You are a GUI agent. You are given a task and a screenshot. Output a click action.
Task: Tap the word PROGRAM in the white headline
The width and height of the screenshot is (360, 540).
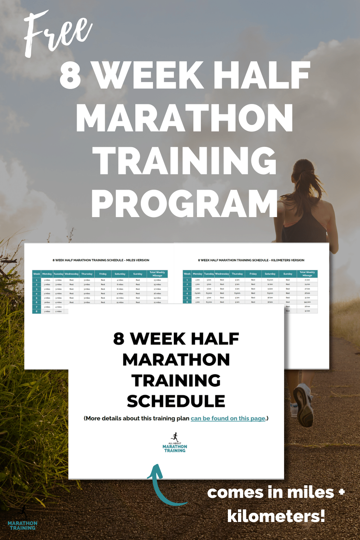[184, 204]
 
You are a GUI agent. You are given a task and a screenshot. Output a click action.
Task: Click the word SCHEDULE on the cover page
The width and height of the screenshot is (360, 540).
[176, 401]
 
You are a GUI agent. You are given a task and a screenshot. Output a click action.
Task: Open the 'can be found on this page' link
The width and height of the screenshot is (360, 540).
[228, 418]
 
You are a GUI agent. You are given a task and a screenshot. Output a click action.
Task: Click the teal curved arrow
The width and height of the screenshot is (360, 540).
[162, 486]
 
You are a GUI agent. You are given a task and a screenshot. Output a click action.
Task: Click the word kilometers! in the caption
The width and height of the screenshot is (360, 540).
[276, 516]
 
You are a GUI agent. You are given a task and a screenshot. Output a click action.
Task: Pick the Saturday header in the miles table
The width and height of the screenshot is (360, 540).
[120, 274]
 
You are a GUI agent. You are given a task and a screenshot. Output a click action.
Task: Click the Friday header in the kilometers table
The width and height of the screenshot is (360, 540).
[253, 274]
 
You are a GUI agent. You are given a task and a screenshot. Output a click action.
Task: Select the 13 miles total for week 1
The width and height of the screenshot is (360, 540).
[157, 280]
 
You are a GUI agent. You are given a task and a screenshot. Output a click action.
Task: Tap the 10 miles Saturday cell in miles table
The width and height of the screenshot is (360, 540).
[120, 298]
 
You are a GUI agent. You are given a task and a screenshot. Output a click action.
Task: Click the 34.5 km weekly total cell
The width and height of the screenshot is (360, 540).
[307, 302]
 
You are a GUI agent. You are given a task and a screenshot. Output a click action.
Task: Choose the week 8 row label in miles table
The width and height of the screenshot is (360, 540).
[36, 311]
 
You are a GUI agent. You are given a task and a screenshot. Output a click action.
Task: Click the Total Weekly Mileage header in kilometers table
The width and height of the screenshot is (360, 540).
[307, 274]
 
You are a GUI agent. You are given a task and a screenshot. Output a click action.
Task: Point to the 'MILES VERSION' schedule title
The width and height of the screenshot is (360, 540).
[101, 260]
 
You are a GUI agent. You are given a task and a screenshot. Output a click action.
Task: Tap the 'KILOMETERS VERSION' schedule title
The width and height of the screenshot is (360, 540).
[251, 260]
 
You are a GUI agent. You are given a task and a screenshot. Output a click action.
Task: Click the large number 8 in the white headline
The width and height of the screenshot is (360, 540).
[71, 76]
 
